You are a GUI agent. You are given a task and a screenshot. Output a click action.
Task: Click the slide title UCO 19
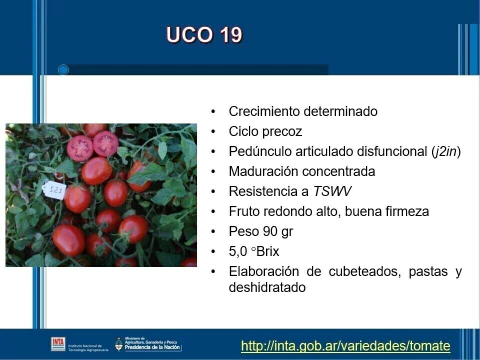click(204, 36)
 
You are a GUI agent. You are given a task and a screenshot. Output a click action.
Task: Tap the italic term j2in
click(446, 151)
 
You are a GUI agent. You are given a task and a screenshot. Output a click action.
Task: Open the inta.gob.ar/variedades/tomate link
click(346, 346)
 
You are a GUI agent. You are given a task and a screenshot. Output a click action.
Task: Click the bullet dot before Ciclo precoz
click(214, 131)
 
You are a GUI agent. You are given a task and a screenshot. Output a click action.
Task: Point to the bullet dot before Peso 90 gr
click(214, 231)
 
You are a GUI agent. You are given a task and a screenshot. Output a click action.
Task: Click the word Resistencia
click(264, 191)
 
